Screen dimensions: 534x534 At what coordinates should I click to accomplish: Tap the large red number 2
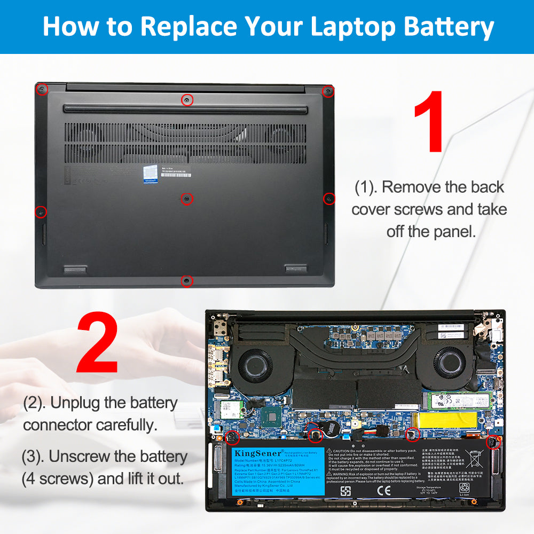(97, 344)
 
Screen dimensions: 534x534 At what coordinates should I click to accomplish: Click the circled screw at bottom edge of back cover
(186, 280)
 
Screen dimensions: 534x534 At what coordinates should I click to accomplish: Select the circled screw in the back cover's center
(186, 198)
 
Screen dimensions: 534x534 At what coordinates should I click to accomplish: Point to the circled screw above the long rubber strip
(186, 99)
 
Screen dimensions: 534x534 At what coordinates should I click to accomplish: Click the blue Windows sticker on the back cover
(150, 175)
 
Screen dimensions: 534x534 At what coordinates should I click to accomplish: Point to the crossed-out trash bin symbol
(474, 459)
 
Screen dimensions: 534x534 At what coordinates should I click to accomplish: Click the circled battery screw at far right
(492, 442)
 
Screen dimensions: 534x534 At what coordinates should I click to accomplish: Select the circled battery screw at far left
(233, 437)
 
